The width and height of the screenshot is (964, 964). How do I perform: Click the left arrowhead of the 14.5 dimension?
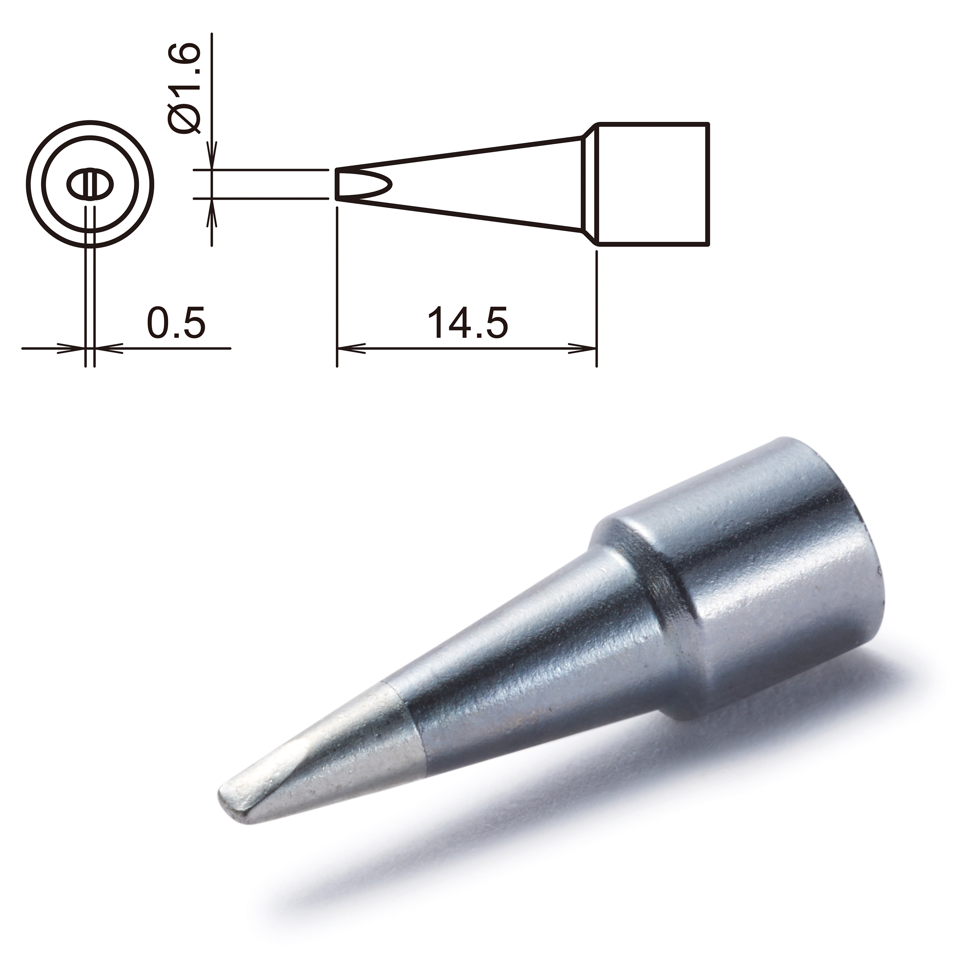coord(349,348)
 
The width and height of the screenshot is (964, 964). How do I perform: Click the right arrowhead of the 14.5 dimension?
coord(585,348)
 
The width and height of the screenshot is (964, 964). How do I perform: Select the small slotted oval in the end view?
coord(90,185)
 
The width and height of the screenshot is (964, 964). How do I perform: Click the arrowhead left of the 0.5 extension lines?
coord(72,348)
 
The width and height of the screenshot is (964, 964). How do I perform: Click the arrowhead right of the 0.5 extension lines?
coord(107,348)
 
